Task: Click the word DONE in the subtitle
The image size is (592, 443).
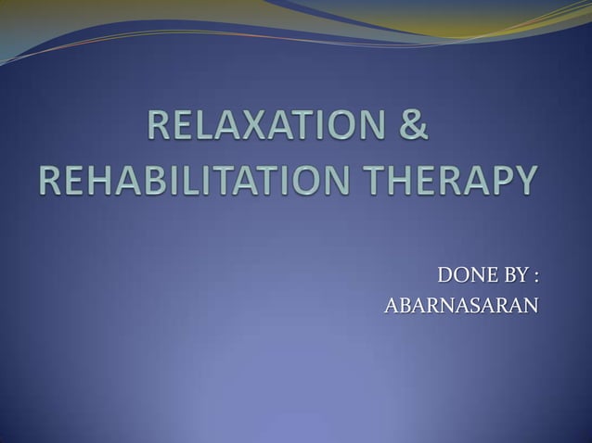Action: (460, 276)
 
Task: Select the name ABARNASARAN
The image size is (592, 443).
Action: (461, 306)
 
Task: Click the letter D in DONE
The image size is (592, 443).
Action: (444, 276)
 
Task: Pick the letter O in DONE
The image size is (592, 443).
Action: (457, 276)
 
